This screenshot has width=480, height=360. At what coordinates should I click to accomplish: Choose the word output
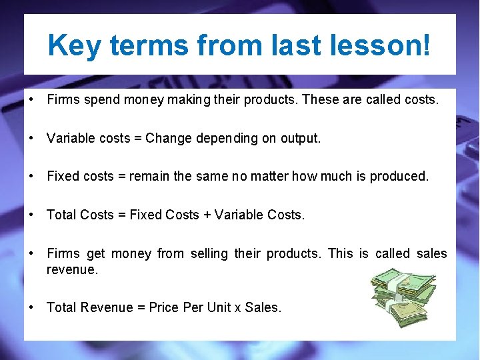(300, 139)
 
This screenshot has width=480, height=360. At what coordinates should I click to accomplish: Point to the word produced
(401, 177)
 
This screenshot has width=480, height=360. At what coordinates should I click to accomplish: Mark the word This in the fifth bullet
(341, 253)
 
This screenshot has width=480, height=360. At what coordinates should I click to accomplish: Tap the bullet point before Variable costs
(32, 139)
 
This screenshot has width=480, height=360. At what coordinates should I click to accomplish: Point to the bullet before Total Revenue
(32, 307)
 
